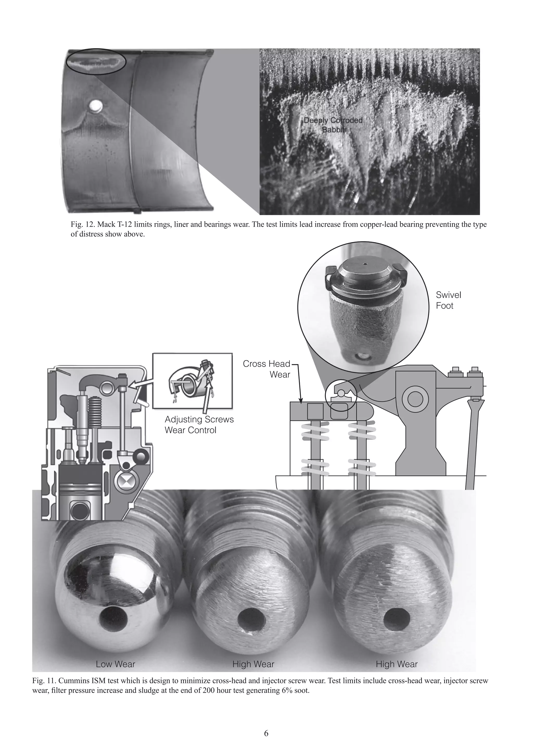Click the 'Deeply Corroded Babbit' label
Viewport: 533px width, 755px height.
(x=333, y=125)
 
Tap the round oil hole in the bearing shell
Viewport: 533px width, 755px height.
(x=97, y=106)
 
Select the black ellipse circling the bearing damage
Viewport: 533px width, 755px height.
(x=96, y=62)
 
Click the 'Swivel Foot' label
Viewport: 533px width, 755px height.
(x=448, y=300)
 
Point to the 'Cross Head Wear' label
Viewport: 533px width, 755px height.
(x=267, y=369)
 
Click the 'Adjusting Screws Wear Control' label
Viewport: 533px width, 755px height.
(x=199, y=425)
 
